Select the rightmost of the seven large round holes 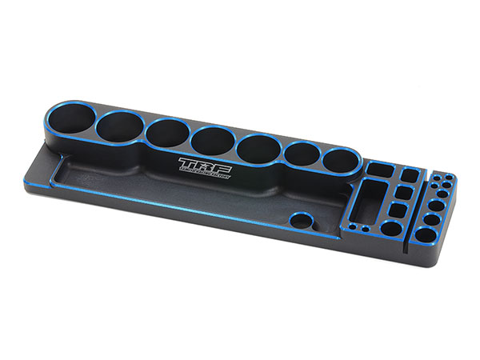[x=342, y=159]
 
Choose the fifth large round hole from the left [x=257, y=147]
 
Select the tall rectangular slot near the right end [x=368, y=202]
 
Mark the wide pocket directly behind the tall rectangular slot [x=377, y=169]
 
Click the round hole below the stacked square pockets [x=394, y=230]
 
